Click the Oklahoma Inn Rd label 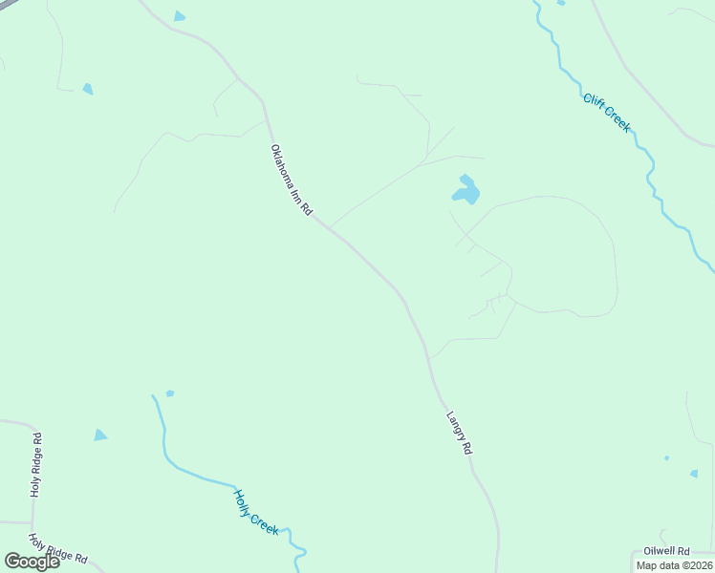point(292,181)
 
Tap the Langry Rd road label point(460,433)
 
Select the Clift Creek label point(607,112)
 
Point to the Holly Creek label point(256,512)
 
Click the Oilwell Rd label point(666,551)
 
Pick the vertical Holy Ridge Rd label point(35,465)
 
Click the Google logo point(32,562)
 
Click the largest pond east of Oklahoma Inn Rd point(466,192)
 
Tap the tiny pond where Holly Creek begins point(170,393)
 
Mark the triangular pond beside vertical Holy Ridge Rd point(99,435)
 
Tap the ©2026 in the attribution point(696,565)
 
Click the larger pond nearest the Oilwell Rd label point(694,473)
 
